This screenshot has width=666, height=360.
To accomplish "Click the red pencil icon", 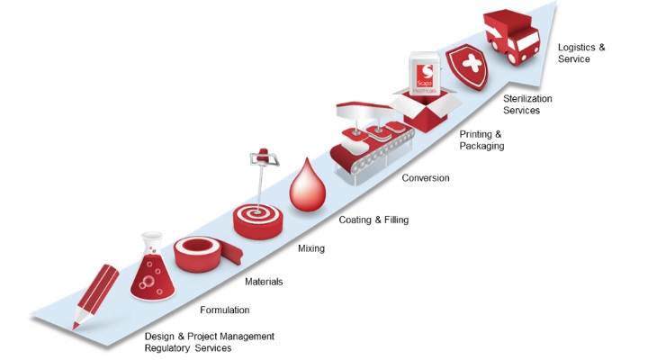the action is (96, 296).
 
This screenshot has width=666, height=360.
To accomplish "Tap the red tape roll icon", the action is (205, 254).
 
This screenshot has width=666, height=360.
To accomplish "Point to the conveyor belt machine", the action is (371, 142).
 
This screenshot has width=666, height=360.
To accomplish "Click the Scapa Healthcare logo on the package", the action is (425, 76).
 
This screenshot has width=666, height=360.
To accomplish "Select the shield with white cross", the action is (467, 66).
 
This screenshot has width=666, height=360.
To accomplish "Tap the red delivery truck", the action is (511, 38).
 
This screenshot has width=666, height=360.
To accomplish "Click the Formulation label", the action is (225, 310).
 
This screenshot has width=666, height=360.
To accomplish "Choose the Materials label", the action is (264, 282).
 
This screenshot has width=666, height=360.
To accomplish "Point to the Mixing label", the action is (311, 248).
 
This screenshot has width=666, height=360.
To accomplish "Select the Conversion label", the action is (426, 178).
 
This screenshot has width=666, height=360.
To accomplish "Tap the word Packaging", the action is (482, 146).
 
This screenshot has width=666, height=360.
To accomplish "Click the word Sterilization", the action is (527, 99).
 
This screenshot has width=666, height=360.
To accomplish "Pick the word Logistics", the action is (576, 48).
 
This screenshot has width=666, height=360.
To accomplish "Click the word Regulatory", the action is (165, 348).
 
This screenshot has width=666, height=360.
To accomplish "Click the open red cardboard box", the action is (425, 110).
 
